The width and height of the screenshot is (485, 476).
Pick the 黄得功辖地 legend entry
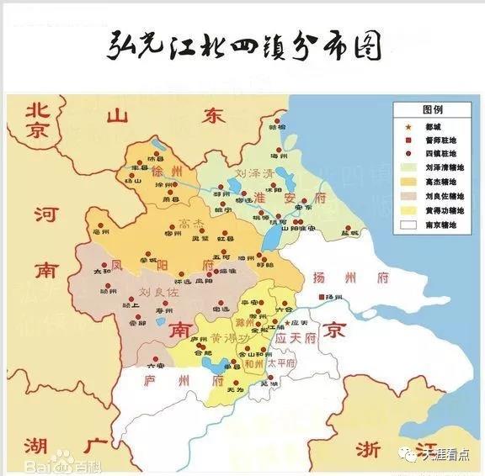[x=438, y=210]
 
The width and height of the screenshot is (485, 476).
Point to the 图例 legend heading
[x=432, y=109]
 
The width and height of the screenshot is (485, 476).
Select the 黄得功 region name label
[x=227, y=339]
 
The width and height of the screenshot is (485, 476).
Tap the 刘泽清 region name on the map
[x=254, y=175]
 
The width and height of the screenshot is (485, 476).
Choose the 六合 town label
[x=284, y=310]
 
